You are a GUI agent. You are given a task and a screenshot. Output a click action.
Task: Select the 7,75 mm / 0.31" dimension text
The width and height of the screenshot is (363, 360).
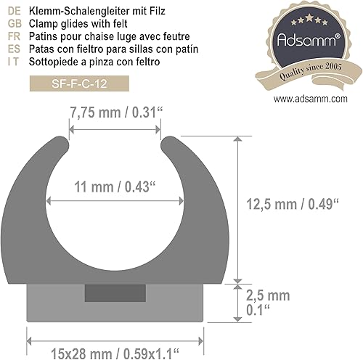click(115, 112)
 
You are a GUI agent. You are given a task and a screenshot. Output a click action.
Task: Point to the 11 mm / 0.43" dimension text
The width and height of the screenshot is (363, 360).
click(115, 186)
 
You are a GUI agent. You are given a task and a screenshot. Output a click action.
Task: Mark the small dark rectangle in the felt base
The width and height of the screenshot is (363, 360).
click(106, 292)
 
